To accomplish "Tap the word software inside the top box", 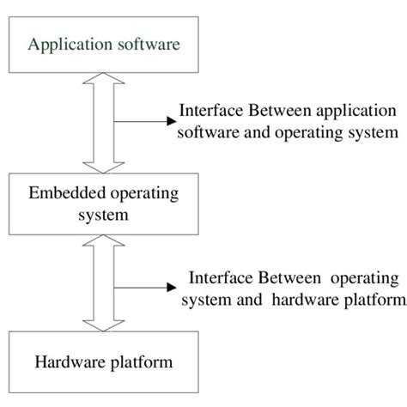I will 144,44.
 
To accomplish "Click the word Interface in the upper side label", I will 211,112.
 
